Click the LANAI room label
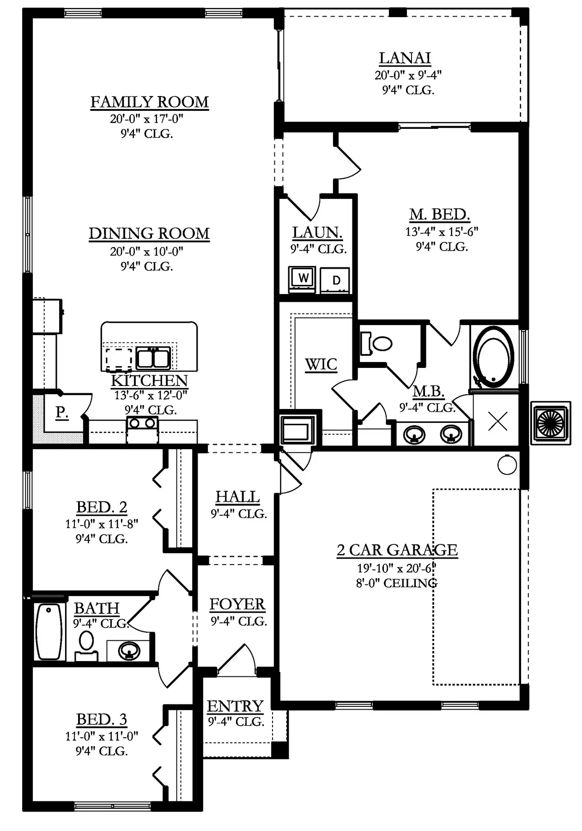click(x=405, y=58)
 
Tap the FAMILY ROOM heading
click(x=149, y=102)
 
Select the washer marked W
click(x=303, y=278)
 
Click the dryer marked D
click(x=336, y=279)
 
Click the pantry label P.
click(x=61, y=412)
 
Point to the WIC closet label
click(x=321, y=365)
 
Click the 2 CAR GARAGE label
click(x=397, y=550)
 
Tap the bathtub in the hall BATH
click(x=49, y=632)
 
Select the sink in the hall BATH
click(x=128, y=651)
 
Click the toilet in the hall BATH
click(x=86, y=646)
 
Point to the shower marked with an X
click(x=497, y=421)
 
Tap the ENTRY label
click(x=235, y=706)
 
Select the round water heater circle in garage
click(x=507, y=465)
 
